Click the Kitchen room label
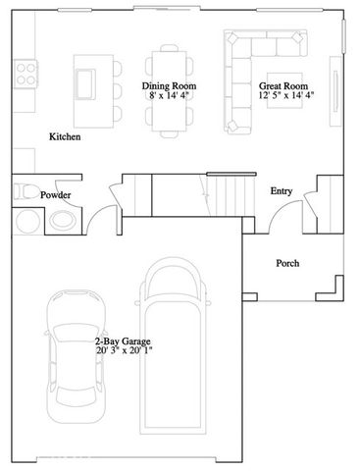pyautogui.click(x=65, y=136)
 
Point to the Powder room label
pyautogui.click(x=55, y=195)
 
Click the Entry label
pyautogui.click(x=282, y=190)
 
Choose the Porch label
pyautogui.click(x=287, y=263)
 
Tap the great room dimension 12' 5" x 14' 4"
pyautogui.click(x=286, y=97)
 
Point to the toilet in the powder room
pyautogui.click(x=27, y=191)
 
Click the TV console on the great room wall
pyautogui.click(x=340, y=95)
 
